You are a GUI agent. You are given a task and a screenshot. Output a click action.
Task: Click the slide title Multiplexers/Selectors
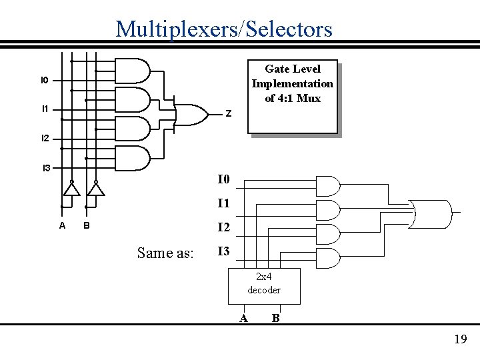click(x=223, y=29)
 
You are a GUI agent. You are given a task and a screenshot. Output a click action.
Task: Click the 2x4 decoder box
click(x=264, y=285)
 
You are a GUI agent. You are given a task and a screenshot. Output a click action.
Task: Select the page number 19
click(x=460, y=339)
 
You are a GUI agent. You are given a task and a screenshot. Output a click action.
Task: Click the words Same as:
click(x=165, y=253)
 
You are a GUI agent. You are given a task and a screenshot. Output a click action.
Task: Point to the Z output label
click(x=228, y=114)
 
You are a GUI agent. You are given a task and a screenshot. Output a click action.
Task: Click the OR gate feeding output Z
click(x=189, y=115)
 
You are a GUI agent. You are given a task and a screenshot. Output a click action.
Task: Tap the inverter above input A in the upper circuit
click(x=71, y=189)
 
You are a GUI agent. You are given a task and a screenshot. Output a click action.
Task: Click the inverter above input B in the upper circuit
click(x=96, y=189)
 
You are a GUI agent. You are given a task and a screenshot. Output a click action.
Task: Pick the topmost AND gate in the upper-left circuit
click(x=133, y=69)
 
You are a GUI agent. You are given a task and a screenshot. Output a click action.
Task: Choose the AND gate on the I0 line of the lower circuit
click(x=327, y=185)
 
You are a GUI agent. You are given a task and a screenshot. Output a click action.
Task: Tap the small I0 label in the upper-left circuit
click(x=44, y=80)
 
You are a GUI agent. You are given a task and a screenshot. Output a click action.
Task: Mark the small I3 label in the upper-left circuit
click(x=46, y=168)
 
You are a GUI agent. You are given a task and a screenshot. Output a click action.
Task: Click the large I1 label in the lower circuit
click(x=223, y=203)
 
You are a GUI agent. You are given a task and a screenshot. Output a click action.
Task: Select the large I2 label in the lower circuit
click(x=223, y=227)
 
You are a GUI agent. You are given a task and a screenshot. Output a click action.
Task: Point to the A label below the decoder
click(x=243, y=318)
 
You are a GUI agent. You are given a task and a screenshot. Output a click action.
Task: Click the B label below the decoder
click(x=275, y=318)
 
